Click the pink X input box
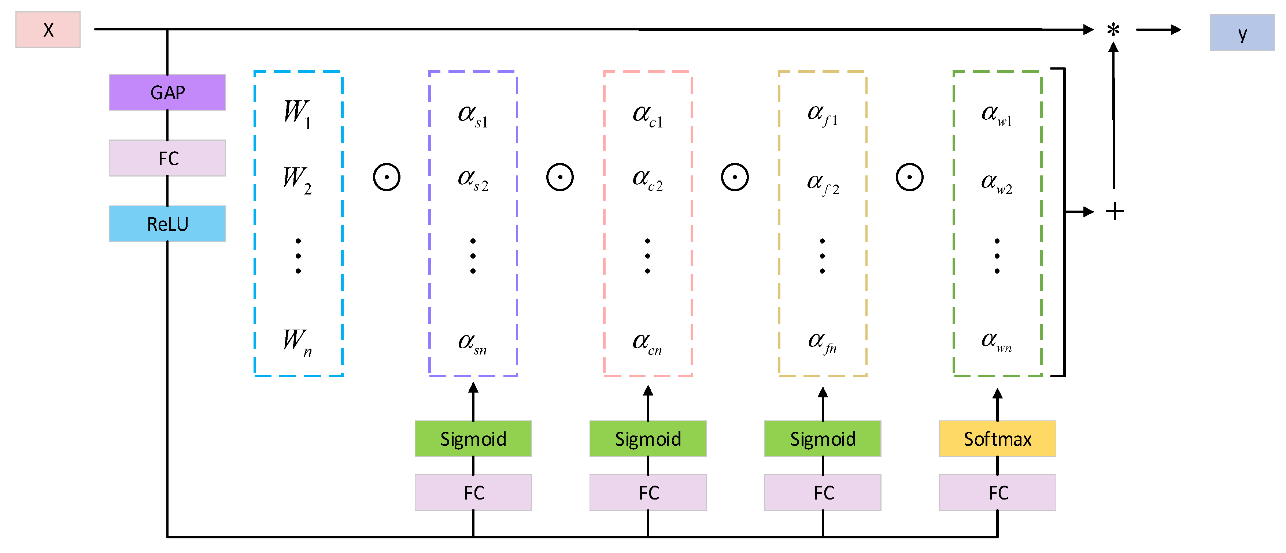(48, 30)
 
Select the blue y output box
(1242, 33)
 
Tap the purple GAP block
(167, 92)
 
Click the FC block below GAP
(167, 158)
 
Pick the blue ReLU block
(167, 224)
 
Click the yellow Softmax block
(997, 439)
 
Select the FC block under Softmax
(997, 493)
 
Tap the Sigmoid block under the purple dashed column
(473, 439)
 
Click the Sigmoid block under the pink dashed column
(647, 439)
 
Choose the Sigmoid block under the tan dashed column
(822, 439)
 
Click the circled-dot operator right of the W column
(387, 177)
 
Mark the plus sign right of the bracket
(1114, 212)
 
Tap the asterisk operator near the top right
(1113, 30)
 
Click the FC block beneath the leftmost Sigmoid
(473, 493)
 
